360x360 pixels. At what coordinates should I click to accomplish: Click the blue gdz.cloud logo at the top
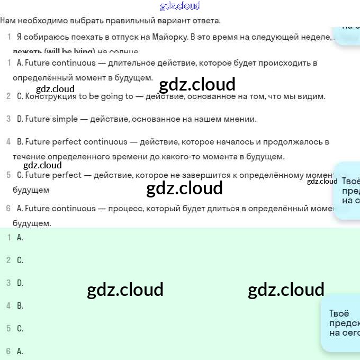pyautogui.click(x=180, y=6)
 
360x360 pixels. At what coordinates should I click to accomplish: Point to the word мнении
pyautogui.click(x=241, y=119)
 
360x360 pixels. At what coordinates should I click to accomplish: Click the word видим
pyautogui.click(x=313, y=96)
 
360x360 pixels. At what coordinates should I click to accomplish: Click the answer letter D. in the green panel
pyautogui.click(x=20, y=283)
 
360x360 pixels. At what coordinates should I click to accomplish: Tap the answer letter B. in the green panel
pyautogui.click(x=20, y=306)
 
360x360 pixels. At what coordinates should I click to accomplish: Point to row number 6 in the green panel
pyautogui.click(x=8, y=351)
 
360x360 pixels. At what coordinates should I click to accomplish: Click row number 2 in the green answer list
pyautogui.click(x=8, y=260)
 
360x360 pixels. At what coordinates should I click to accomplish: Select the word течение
pyautogui.click(x=29, y=157)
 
